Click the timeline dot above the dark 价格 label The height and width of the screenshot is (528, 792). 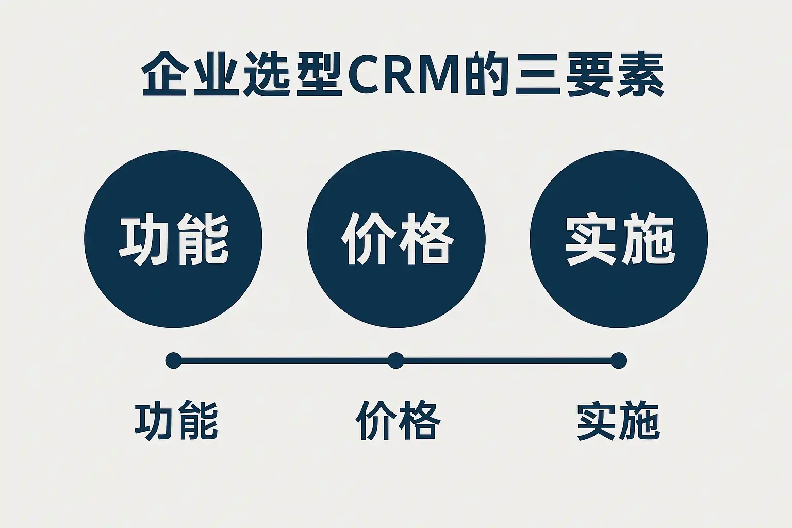(395, 360)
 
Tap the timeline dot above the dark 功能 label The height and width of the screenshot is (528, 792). (173, 360)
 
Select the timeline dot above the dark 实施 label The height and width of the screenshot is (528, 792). (618, 360)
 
